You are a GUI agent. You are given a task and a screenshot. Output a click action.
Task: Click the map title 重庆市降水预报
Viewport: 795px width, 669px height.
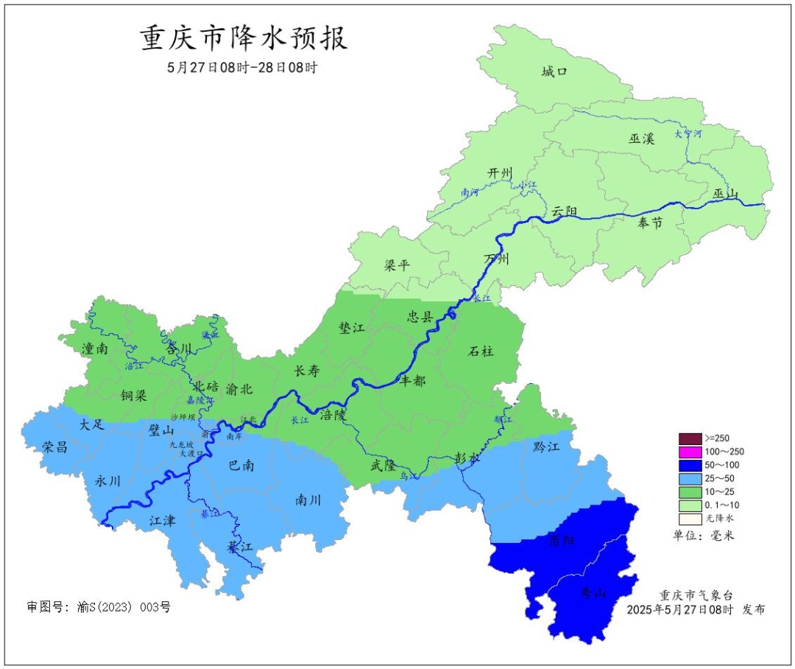click(x=243, y=38)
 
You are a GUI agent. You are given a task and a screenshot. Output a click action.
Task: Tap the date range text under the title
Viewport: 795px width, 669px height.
click(x=243, y=67)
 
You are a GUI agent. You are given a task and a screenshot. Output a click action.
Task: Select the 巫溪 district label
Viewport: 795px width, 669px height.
click(x=641, y=139)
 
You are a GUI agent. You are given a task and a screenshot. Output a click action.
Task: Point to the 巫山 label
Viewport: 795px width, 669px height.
click(x=725, y=195)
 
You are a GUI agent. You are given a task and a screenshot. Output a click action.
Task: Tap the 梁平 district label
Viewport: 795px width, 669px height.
click(x=397, y=265)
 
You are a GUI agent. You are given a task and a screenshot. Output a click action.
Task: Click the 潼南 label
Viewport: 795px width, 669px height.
click(x=96, y=349)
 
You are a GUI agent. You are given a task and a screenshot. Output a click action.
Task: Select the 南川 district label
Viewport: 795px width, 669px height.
click(x=309, y=500)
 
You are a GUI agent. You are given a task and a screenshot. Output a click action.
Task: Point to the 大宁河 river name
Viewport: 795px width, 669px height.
click(x=688, y=134)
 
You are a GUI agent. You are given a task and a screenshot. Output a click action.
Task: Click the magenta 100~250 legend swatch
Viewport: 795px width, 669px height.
click(x=690, y=452)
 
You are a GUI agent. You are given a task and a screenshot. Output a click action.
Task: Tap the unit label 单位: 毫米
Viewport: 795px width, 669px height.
click(x=704, y=536)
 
